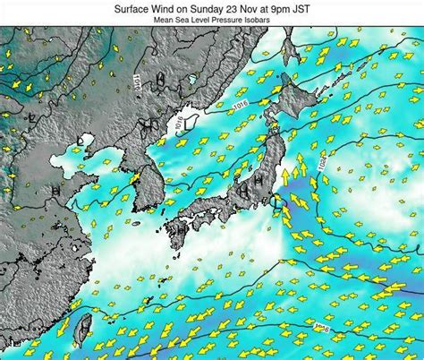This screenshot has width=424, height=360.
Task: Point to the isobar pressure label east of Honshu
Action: click(x=321, y=165)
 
